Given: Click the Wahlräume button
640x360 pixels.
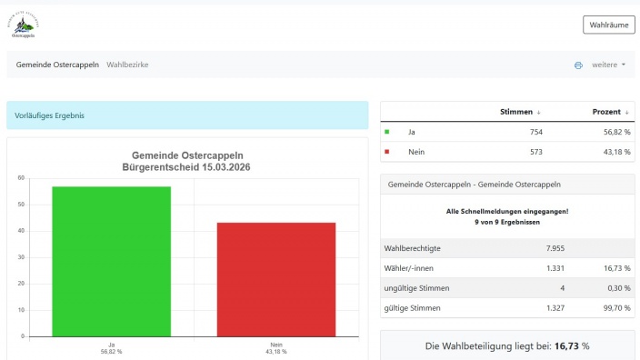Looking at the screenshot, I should pyautogui.click(x=608, y=25).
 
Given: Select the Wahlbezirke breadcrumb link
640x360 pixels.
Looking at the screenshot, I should pyautogui.click(x=127, y=65).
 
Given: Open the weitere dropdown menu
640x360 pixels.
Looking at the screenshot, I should pyautogui.click(x=608, y=65).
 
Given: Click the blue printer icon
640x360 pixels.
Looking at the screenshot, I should pyautogui.click(x=578, y=65).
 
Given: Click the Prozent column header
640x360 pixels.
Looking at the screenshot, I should pyautogui.click(x=611, y=112).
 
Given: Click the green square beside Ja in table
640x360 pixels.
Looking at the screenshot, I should pyautogui.click(x=388, y=132).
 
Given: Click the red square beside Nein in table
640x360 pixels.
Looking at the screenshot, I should pyautogui.click(x=388, y=152).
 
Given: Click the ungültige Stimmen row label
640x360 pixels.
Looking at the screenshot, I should pyautogui.click(x=417, y=288).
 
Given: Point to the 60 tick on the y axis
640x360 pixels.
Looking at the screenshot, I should pyautogui.click(x=20, y=177).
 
